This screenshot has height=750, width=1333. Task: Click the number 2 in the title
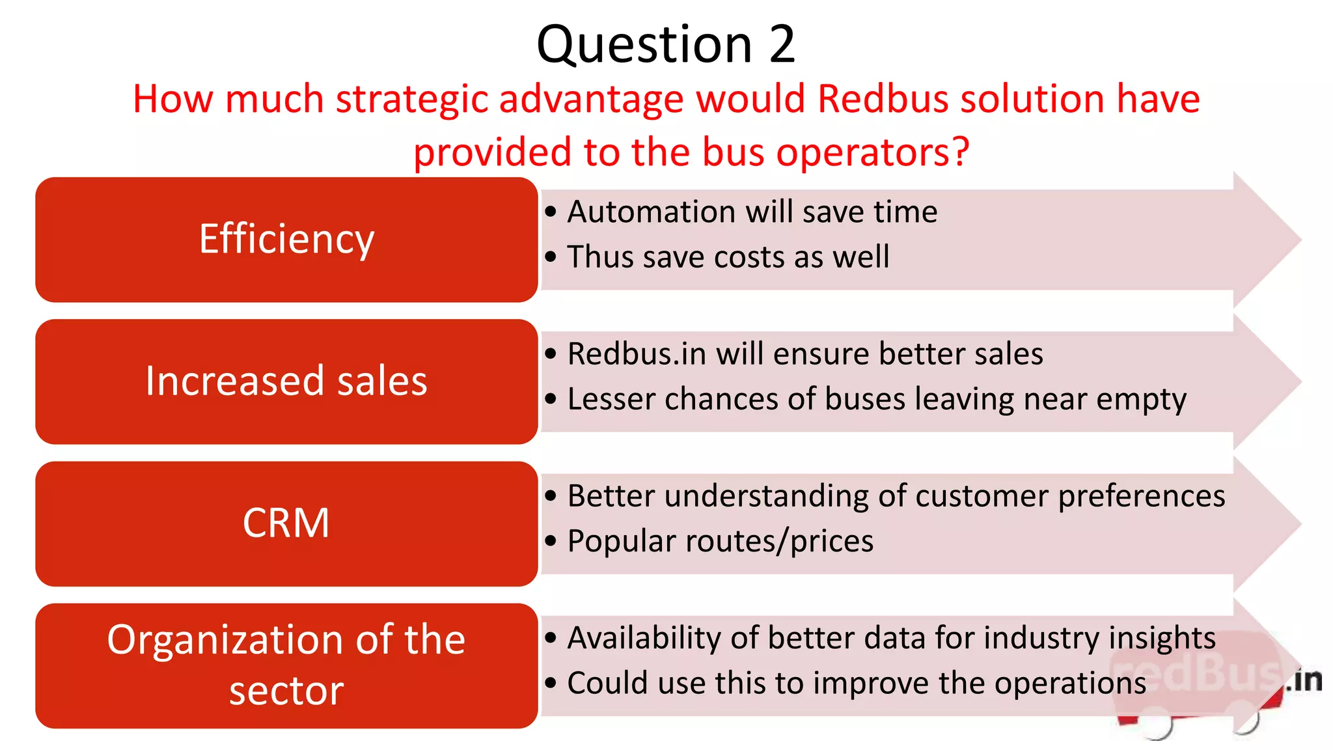click(x=782, y=44)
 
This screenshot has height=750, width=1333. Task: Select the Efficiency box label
click(x=286, y=239)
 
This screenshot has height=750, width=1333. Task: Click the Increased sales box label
click(x=286, y=381)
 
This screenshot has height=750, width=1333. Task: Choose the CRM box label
click(x=286, y=523)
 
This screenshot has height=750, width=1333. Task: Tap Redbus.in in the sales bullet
click(x=637, y=354)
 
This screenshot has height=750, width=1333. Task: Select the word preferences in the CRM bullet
click(x=1141, y=496)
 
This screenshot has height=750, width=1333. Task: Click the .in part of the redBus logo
click(x=1304, y=680)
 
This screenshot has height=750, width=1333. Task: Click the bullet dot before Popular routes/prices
click(x=551, y=540)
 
